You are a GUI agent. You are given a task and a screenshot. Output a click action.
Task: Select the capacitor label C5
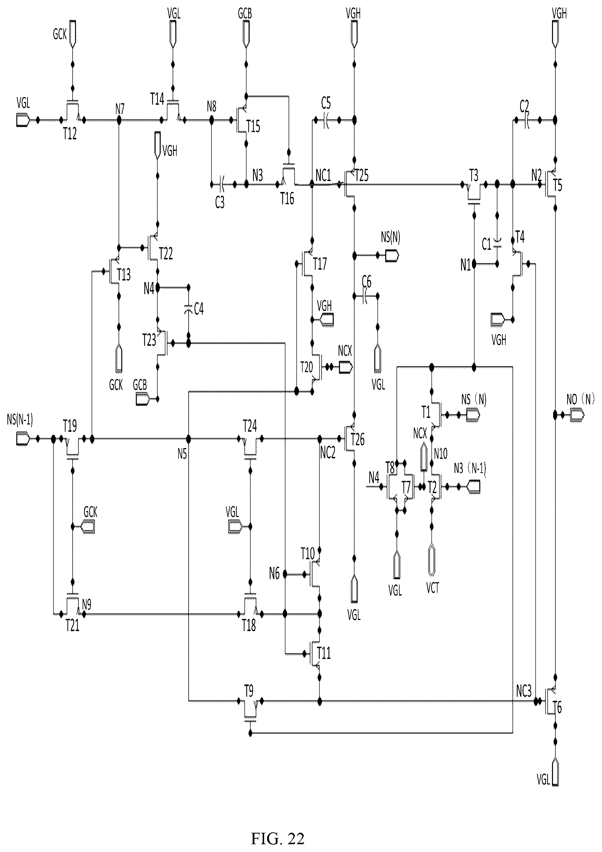point(326,103)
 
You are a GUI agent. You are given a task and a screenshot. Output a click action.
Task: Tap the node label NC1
point(323,176)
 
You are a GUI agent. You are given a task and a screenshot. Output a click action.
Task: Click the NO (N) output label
point(581,400)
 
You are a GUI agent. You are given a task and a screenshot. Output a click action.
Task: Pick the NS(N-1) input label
point(20,420)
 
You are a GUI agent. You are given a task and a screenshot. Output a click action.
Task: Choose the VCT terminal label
point(432,588)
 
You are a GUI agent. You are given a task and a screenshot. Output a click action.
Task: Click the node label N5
point(182,454)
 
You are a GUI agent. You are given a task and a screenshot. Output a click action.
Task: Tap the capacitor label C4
point(199,309)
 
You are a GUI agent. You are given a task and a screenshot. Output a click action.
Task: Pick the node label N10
point(440,453)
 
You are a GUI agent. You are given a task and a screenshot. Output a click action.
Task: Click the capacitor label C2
point(524,106)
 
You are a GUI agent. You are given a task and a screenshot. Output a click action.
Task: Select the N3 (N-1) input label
point(470,469)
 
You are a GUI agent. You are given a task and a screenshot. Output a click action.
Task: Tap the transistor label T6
point(558,707)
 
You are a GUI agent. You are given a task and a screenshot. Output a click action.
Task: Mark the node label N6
point(274,574)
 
